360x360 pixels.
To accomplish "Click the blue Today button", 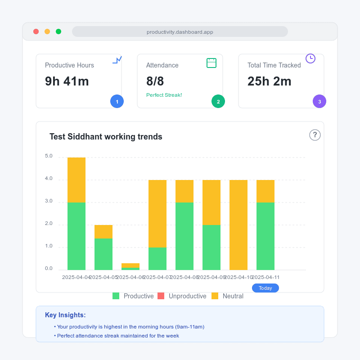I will click(265, 288).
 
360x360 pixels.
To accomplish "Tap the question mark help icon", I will click(315, 135).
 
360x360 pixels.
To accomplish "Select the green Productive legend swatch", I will click(116, 296).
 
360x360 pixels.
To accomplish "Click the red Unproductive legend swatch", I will click(161, 296).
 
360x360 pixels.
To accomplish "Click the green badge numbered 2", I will click(218, 102).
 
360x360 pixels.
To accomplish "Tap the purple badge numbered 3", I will click(319, 102).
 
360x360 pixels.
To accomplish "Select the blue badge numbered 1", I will click(117, 102).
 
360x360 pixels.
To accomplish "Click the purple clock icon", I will click(310, 58).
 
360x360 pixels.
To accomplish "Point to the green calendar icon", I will click(211, 63).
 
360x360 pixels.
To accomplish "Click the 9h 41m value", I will click(67, 81).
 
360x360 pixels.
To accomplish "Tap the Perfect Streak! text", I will click(164, 95).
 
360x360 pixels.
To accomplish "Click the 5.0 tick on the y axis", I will click(49, 156).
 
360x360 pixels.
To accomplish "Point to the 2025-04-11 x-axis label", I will click(265, 277).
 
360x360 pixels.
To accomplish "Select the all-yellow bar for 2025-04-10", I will click(238, 225).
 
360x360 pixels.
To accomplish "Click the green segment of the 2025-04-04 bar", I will click(76, 236).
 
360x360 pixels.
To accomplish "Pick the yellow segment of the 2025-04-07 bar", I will click(157, 214).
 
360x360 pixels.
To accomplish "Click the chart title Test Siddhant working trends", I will click(106, 137).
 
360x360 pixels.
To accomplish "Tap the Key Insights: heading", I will click(65, 315).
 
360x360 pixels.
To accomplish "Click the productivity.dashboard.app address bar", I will click(180, 32).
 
